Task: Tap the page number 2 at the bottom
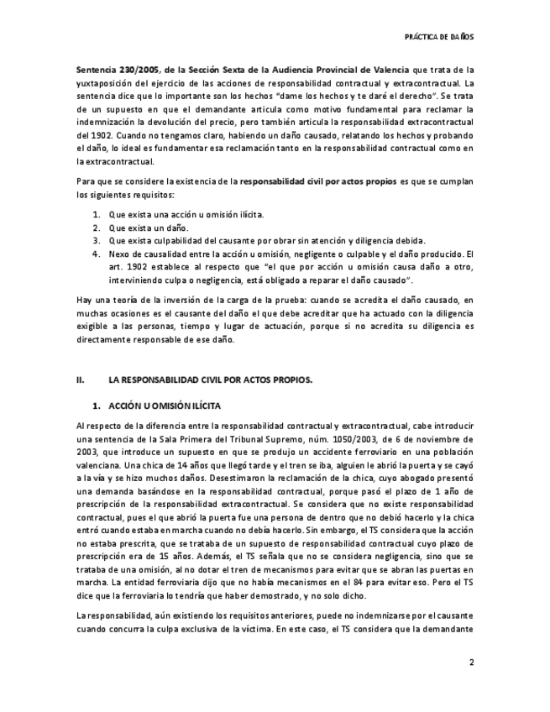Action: pos(471,662)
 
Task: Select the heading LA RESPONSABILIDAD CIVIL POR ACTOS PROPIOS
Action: pos(216,380)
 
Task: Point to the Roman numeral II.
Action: pos(81,380)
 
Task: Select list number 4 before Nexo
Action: pos(96,254)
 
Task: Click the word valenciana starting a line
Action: pos(97,465)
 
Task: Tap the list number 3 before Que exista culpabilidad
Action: pos(96,240)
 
